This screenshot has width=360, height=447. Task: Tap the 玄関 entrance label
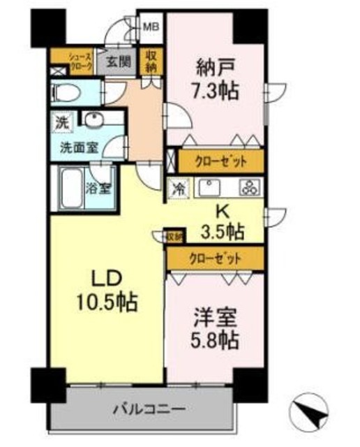coord(119,61)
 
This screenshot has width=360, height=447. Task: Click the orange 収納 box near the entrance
coord(151,61)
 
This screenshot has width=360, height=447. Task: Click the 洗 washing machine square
coord(63,121)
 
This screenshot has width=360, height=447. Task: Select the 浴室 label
coord(95,187)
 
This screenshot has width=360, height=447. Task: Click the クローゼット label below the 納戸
coord(220,162)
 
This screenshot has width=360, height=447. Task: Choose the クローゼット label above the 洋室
coord(215,258)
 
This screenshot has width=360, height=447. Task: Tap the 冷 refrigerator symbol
coord(179,187)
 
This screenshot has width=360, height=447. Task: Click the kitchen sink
coord(210,187)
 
